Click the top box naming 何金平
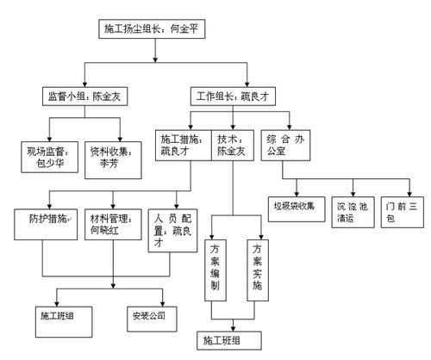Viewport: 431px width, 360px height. tap(154, 30)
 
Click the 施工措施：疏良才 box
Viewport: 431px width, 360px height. tap(183, 144)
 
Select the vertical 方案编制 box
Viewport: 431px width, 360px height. tap(215, 267)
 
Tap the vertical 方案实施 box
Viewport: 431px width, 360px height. tap(256, 267)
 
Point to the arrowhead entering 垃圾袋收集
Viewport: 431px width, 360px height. tap(294, 193)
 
